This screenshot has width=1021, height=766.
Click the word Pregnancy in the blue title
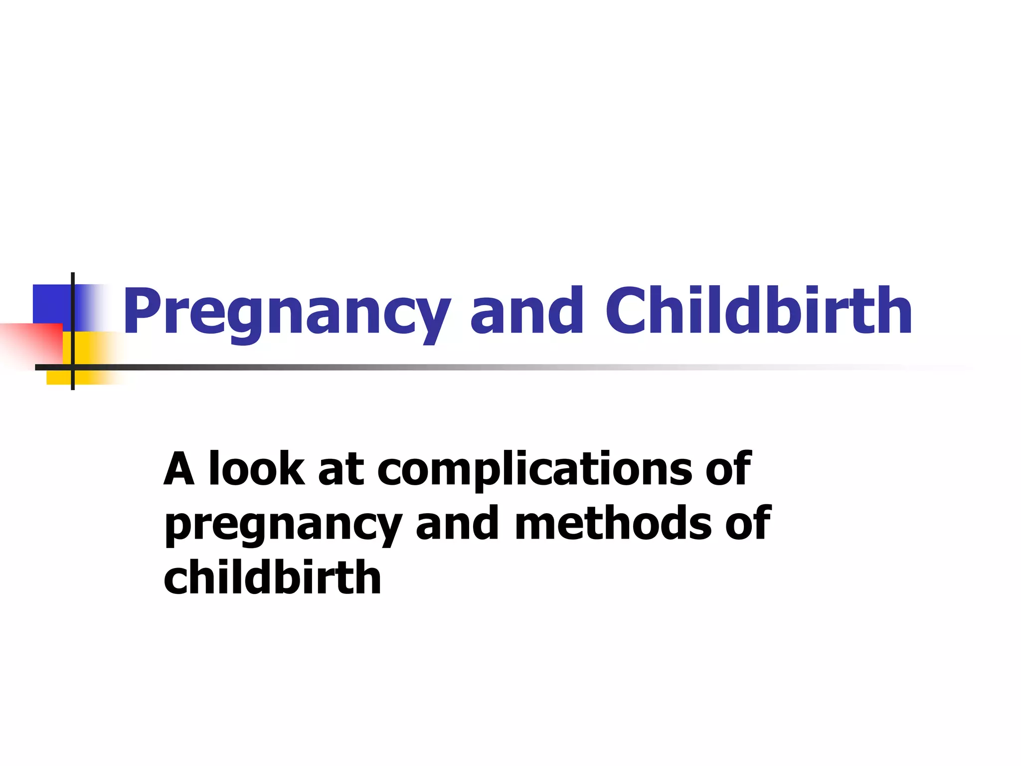click(286, 312)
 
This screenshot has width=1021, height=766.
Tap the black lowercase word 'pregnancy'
click(283, 525)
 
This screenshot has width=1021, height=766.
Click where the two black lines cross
click(73, 368)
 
